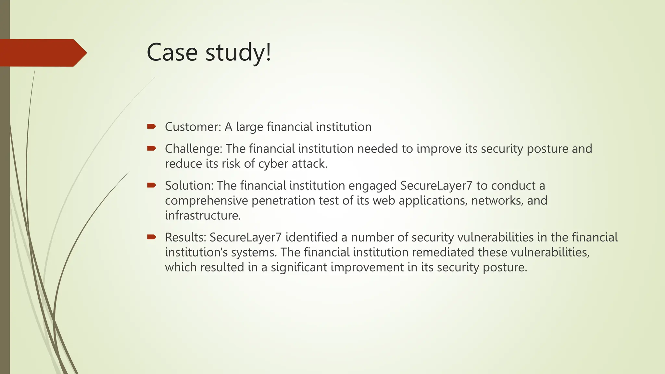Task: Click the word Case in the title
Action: [172, 53]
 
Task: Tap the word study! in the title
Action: [238, 53]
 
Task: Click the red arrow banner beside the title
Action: [42, 53]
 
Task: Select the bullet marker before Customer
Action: [151, 126]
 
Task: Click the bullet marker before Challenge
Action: [151, 148]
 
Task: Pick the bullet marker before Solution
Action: [151, 185]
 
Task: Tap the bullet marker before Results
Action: [151, 237]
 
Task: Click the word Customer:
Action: [193, 127]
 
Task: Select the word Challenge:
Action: [194, 149]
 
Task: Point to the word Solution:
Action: [189, 186]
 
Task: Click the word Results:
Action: [185, 237]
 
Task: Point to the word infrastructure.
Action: [203, 216]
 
